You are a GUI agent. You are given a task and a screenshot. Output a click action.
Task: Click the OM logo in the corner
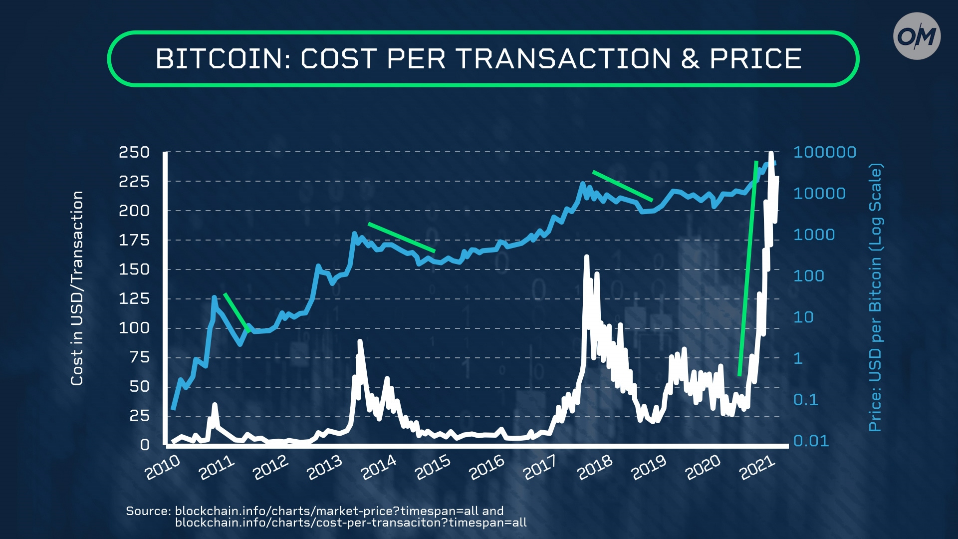(x=917, y=36)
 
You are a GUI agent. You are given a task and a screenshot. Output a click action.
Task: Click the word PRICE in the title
(x=755, y=59)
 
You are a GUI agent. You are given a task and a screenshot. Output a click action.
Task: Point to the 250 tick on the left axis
(x=134, y=152)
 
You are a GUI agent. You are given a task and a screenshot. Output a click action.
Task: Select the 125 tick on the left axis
(x=134, y=298)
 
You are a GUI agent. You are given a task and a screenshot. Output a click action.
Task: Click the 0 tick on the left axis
(x=145, y=444)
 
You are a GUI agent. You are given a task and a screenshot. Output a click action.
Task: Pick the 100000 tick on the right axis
(x=824, y=152)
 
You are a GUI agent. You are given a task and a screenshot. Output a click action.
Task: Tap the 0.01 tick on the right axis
(x=811, y=441)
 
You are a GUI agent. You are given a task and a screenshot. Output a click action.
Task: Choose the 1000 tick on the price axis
(x=814, y=235)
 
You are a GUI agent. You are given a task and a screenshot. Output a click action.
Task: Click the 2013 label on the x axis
(x=324, y=468)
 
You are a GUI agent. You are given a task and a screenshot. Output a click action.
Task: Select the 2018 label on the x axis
(x=595, y=468)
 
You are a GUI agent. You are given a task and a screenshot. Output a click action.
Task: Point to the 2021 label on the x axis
(x=757, y=468)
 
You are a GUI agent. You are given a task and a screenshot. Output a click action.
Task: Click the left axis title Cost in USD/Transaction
(x=77, y=288)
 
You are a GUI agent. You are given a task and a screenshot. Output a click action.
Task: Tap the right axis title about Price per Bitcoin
(x=876, y=297)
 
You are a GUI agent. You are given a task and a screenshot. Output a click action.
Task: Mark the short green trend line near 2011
(x=237, y=312)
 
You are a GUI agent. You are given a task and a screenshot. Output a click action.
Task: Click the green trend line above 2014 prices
(x=402, y=237)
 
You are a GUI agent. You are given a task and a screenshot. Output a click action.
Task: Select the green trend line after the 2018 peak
(x=622, y=186)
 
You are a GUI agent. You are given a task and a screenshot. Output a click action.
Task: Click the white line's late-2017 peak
(x=587, y=258)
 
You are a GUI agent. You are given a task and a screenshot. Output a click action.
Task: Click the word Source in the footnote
(x=148, y=511)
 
